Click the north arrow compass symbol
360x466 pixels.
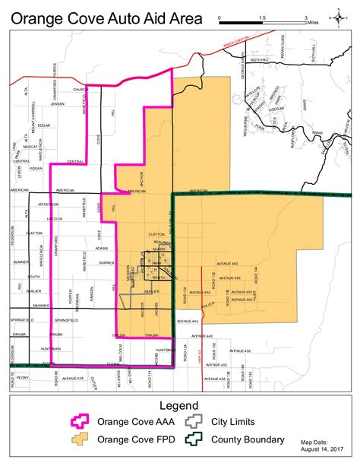pyautogui.click(x=336, y=16)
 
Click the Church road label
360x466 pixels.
pyautogui.click(x=81, y=89)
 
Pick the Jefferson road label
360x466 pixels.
pyautogui.click(x=47, y=204)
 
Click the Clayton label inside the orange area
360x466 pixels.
pyautogui.click(x=156, y=234)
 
